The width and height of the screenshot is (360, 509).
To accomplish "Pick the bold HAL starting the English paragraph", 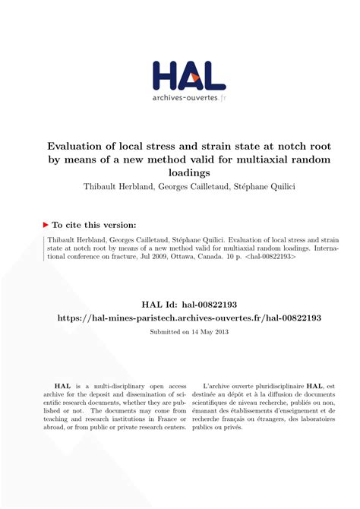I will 62,387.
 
